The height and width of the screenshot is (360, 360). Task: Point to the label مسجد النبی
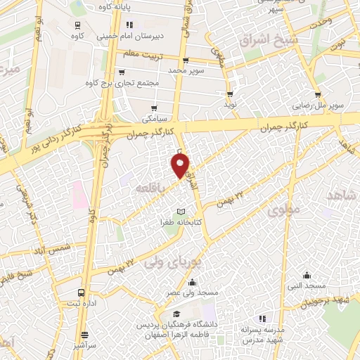[x=310, y=285]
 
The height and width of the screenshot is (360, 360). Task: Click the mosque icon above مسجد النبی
[x=306, y=275]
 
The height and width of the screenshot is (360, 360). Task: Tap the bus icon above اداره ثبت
[x=82, y=291]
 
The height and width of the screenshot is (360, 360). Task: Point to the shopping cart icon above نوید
[x=229, y=94]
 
